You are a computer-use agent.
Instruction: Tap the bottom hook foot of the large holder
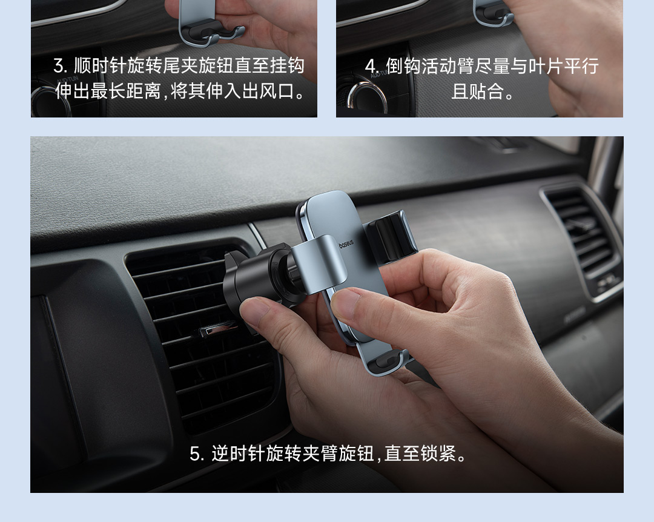click(386, 362)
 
